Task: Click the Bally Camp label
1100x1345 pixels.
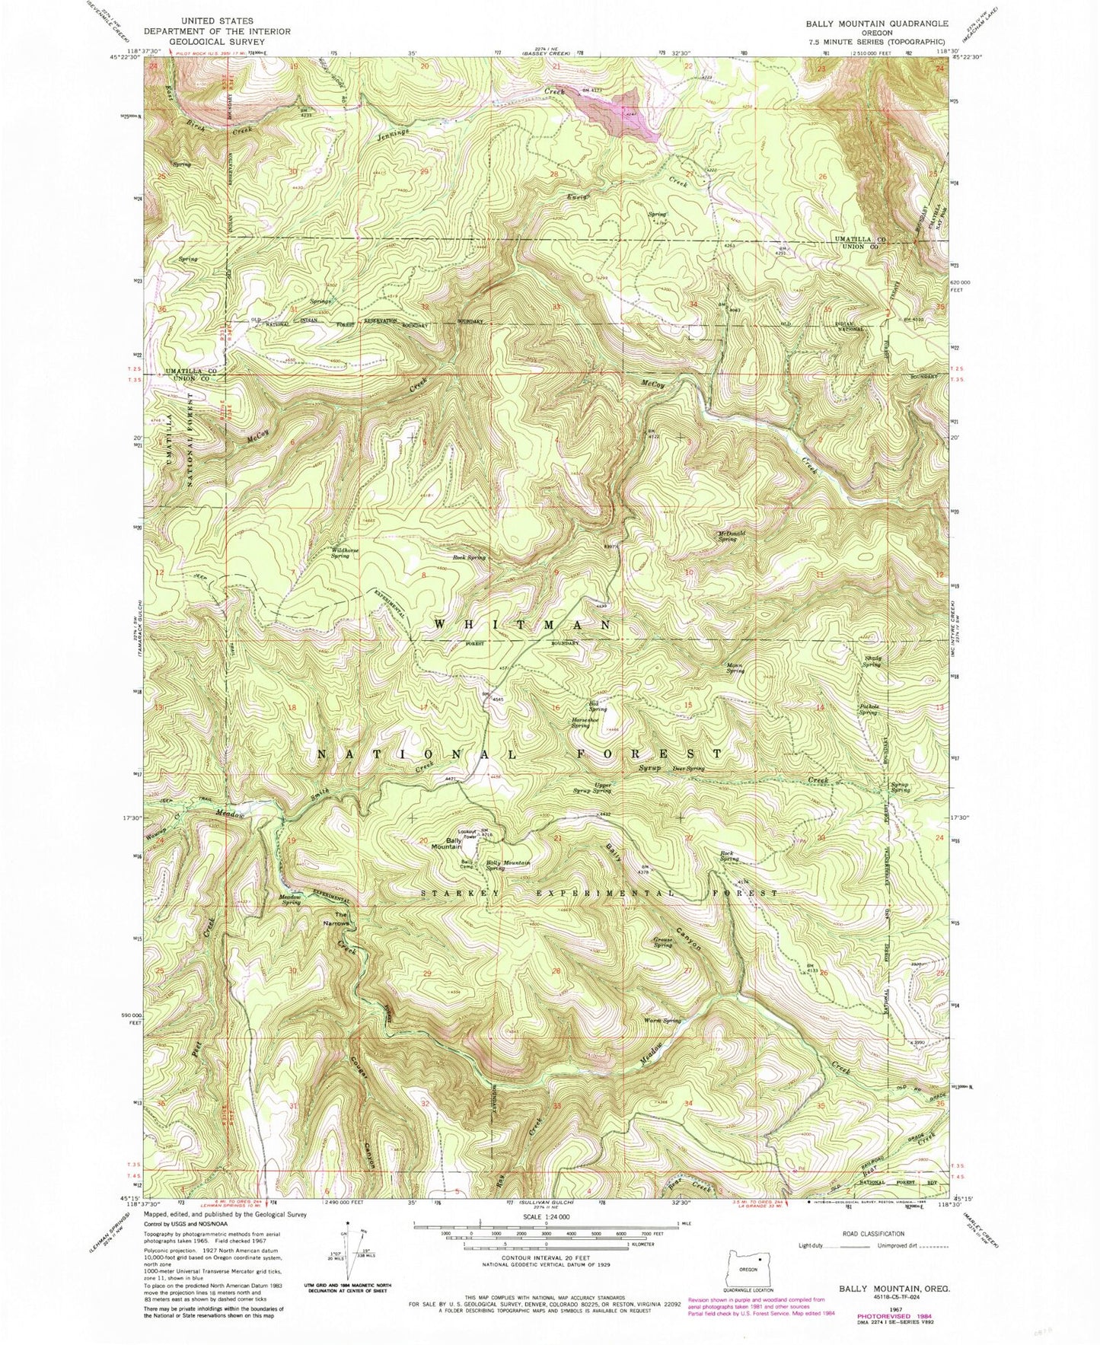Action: (467, 864)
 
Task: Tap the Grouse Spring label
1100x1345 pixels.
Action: (662, 942)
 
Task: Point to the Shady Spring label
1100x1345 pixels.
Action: (872, 661)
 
